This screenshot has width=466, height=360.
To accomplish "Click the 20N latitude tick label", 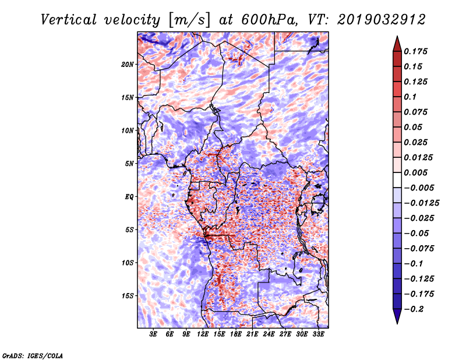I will click(x=128, y=64).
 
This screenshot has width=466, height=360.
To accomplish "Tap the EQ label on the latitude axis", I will click(x=129, y=197).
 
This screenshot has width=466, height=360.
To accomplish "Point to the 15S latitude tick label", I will click(x=128, y=296).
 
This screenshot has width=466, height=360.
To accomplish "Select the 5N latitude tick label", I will click(x=129, y=164).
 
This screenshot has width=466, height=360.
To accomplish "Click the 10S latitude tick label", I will click(x=128, y=263).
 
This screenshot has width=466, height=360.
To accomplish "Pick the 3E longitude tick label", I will click(x=154, y=335).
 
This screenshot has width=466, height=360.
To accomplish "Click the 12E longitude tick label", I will click(x=203, y=335).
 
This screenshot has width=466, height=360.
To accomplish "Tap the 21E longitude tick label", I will click(x=252, y=335).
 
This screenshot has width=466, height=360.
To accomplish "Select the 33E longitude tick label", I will click(x=318, y=335).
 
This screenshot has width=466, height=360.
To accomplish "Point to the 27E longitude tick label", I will click(x=285, y=335).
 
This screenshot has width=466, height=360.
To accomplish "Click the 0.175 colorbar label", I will click(x=416, y=51).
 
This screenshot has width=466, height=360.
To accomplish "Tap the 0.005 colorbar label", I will click(x=416, y=172).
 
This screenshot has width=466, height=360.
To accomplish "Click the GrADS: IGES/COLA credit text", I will click(x=32, y=355).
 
